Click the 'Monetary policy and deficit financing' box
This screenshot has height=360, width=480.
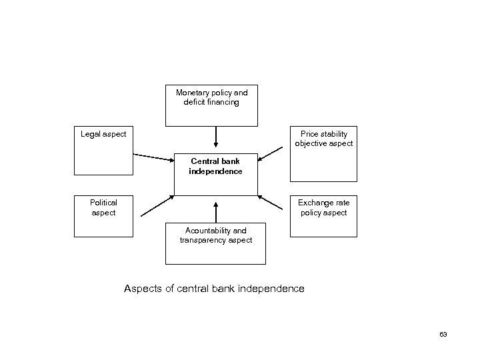[211, 105]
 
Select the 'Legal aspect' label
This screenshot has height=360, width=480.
[103, 135]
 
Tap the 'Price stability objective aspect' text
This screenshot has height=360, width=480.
[323, 139]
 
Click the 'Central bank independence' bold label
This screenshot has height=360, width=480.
[215, 166]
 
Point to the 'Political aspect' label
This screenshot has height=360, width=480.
[103, 207]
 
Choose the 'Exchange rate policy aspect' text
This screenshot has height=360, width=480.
[323, 207]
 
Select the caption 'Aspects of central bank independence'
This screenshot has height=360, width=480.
[214, 289]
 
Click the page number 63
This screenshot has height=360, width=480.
[443, 334]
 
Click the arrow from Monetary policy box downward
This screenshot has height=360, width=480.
[215, 137]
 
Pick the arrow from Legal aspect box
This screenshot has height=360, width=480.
[153, 157]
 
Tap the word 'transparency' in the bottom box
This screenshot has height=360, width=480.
[203, 240]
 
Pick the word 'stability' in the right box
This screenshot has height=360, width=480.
[334, 134]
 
